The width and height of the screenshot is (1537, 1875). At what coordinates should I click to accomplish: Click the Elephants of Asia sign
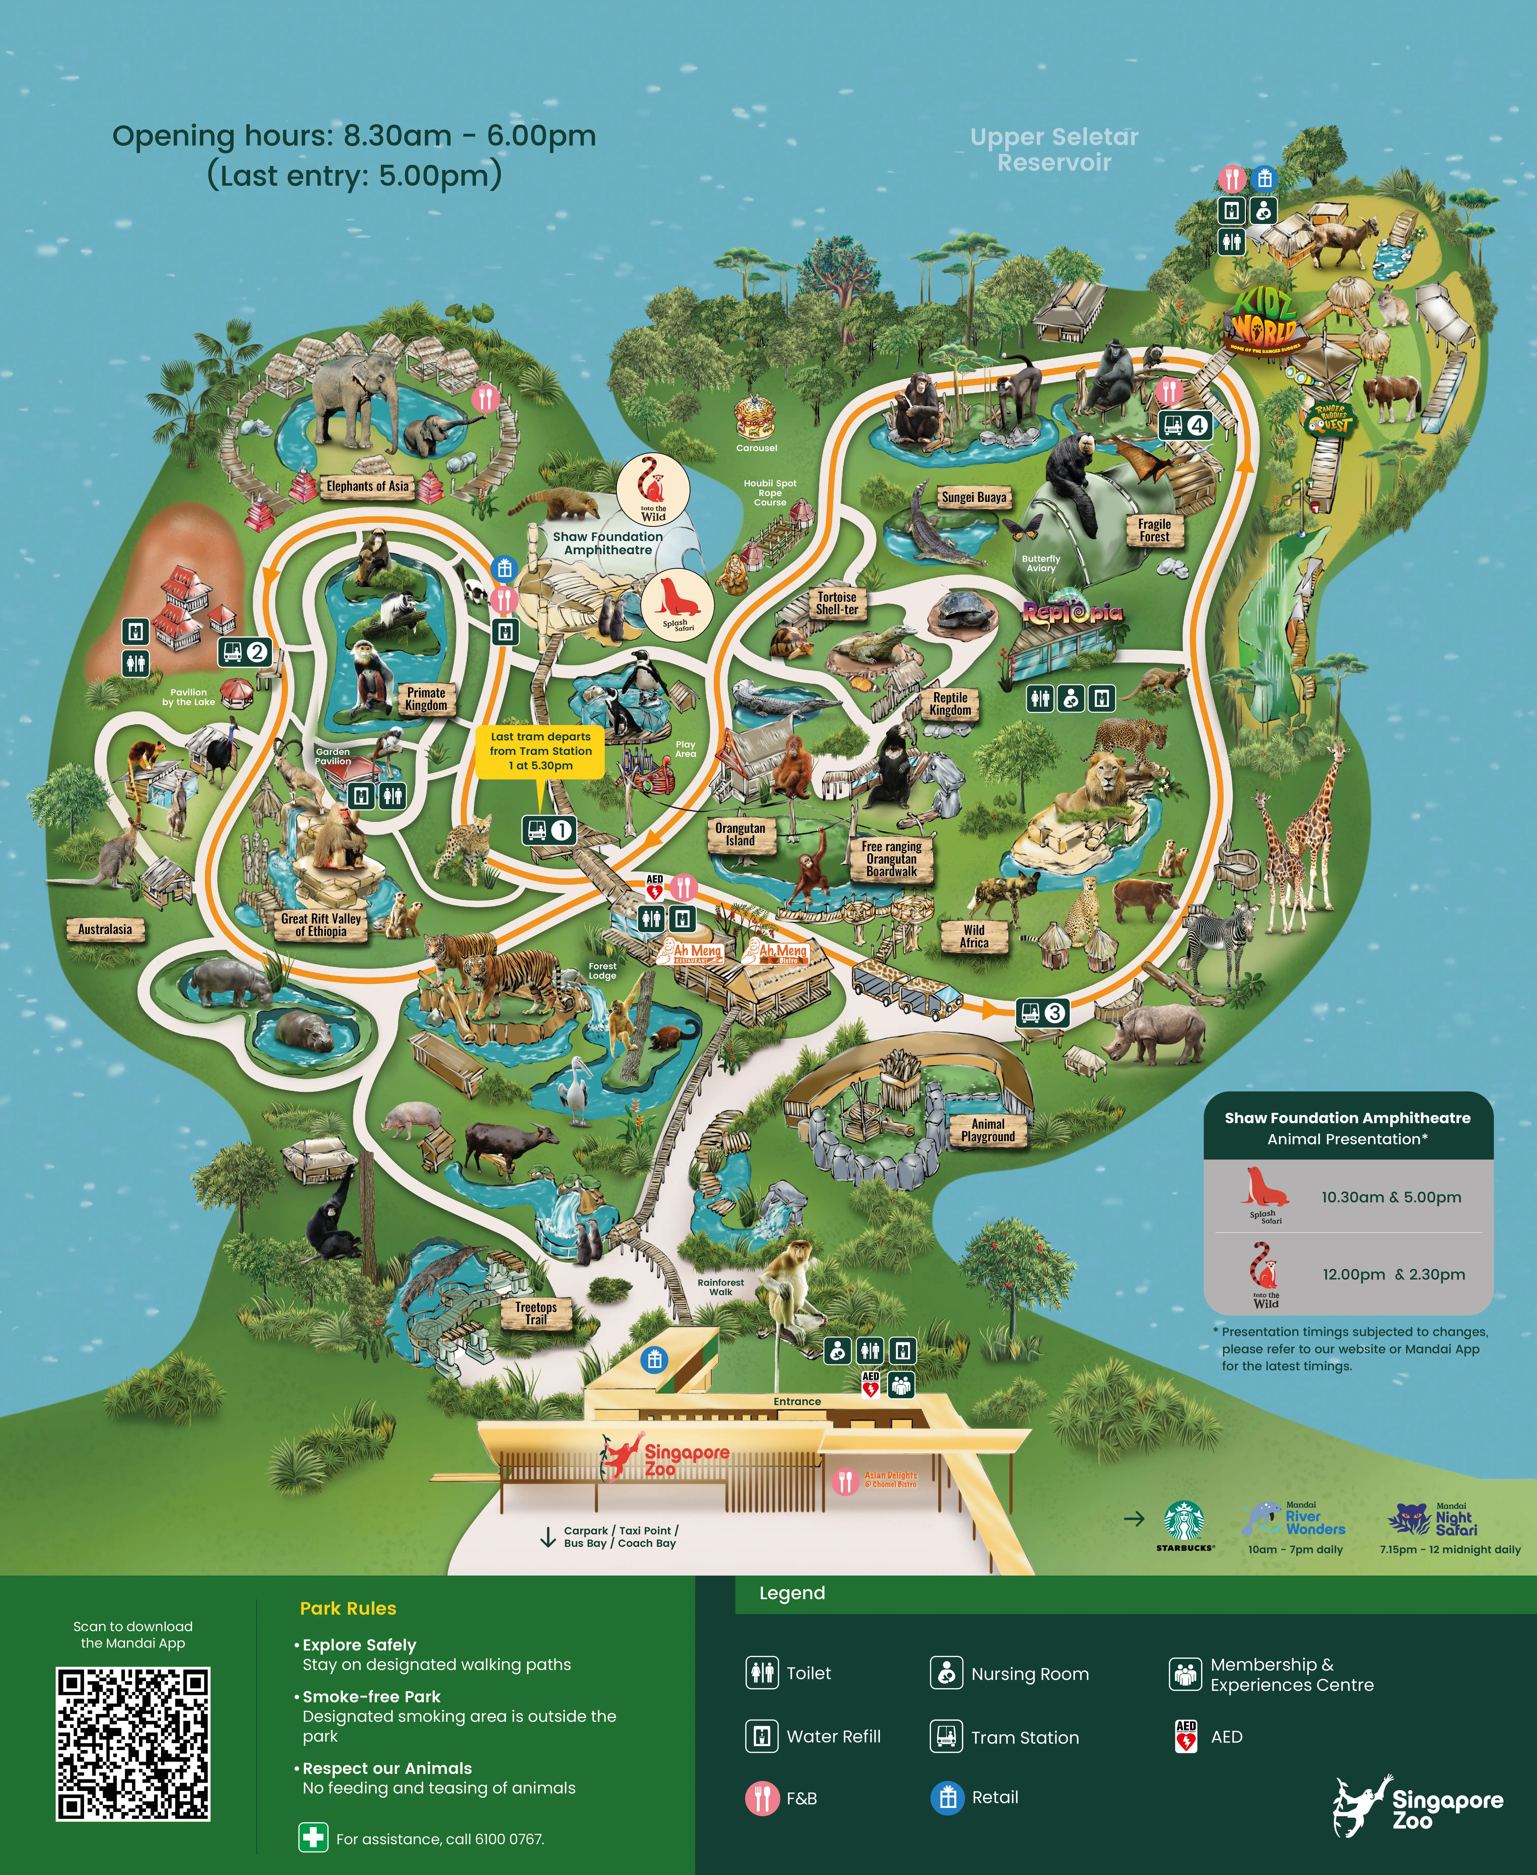(367, 486)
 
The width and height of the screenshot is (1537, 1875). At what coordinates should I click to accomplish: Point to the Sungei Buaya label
(974, 498)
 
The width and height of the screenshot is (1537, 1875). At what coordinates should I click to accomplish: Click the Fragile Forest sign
(1155, 531)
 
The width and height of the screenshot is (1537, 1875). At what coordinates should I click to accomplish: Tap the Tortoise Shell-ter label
(837, 603)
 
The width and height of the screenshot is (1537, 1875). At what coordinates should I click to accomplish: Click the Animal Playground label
(988, 1130)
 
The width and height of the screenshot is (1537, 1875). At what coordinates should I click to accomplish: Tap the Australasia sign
(104, 929)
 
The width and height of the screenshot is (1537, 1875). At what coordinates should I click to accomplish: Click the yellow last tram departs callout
(540, 751)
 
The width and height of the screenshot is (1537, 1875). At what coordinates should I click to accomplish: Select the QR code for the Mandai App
(133, 1744)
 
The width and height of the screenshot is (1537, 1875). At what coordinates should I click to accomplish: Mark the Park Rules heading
(348, 1608)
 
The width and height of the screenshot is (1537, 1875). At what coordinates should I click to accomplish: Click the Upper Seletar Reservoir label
(1054, 150)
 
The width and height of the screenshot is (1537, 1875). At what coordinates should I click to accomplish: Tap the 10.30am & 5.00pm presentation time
(1391, 1197)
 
